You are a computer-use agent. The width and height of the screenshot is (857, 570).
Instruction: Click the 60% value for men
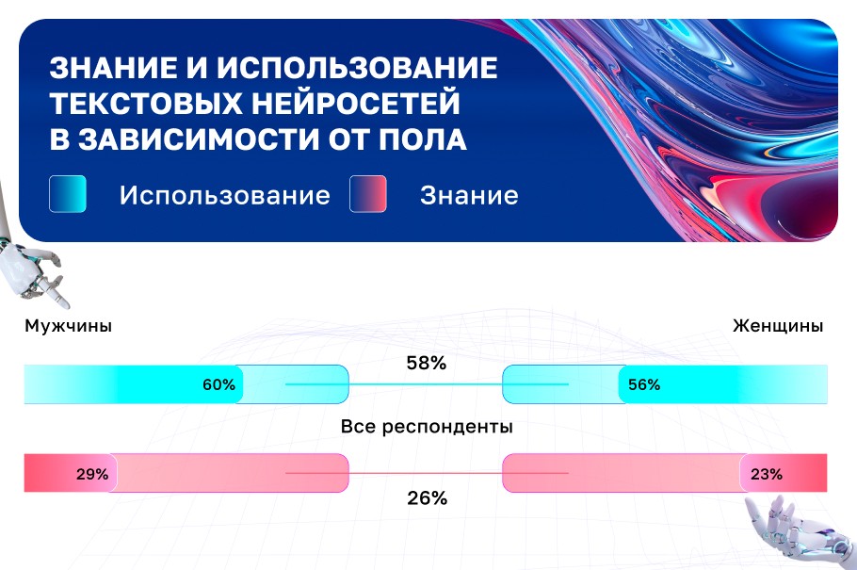point(218,384)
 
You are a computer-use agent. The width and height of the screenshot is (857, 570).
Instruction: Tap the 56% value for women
point(644,384)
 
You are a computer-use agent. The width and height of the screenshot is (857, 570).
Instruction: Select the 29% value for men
point(92,474)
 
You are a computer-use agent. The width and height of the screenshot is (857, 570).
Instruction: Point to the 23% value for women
point(766,474)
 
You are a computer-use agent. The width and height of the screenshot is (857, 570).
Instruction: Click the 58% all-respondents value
point(426,362)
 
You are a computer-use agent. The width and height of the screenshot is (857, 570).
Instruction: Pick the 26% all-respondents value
point(427,498)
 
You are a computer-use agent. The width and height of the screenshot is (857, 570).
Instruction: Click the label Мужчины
point(69,326)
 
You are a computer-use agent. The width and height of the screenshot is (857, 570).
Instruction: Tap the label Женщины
point(778,326)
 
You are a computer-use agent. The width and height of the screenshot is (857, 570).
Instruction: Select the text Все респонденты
point(427,427)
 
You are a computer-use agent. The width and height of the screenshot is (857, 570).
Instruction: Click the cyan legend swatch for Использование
point(68,194)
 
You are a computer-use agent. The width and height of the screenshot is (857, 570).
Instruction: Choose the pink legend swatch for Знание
point(368,194)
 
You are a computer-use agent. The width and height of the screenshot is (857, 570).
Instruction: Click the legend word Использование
point(224,195)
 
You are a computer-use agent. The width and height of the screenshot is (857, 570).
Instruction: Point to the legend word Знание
point(469,195)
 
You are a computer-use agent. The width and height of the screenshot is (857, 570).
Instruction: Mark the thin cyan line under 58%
point(427,384)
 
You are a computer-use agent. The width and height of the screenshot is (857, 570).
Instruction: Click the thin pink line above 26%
point(427,472)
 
